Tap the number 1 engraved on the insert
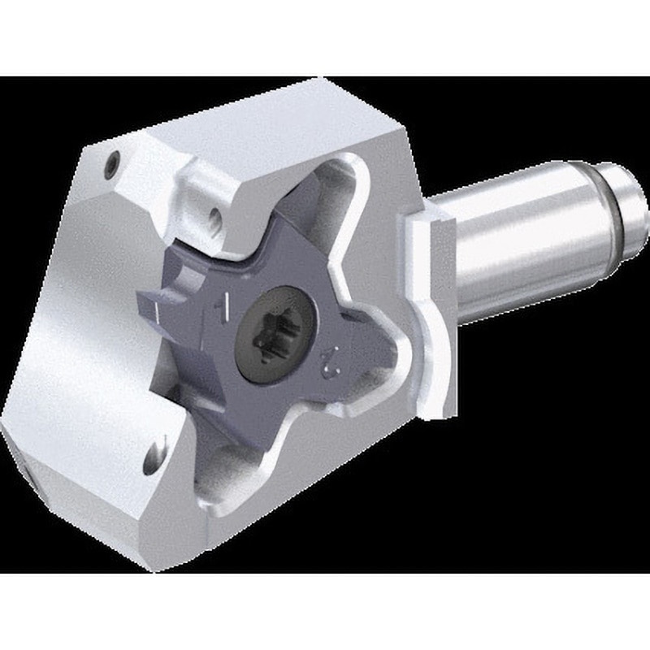218,307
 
